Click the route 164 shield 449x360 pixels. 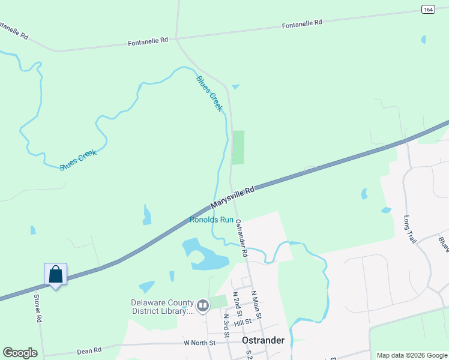[x=427, y=9]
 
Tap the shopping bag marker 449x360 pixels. [x=55, y=275]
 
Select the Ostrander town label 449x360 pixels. [x=262, y=340]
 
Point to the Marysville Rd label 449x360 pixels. [x=234, y=197]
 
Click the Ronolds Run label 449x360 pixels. [x=211, y=220]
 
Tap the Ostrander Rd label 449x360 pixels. [x=241, y=238]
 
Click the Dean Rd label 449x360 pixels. [x=89, y=349]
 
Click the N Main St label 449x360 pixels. [x=256, y=305]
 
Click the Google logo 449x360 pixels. [x=20, y=353]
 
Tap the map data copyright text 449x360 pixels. [x=412, y=355]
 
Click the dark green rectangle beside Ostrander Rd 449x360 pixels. [x=238, y=147]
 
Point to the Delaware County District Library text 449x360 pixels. [x=163, y=307]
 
